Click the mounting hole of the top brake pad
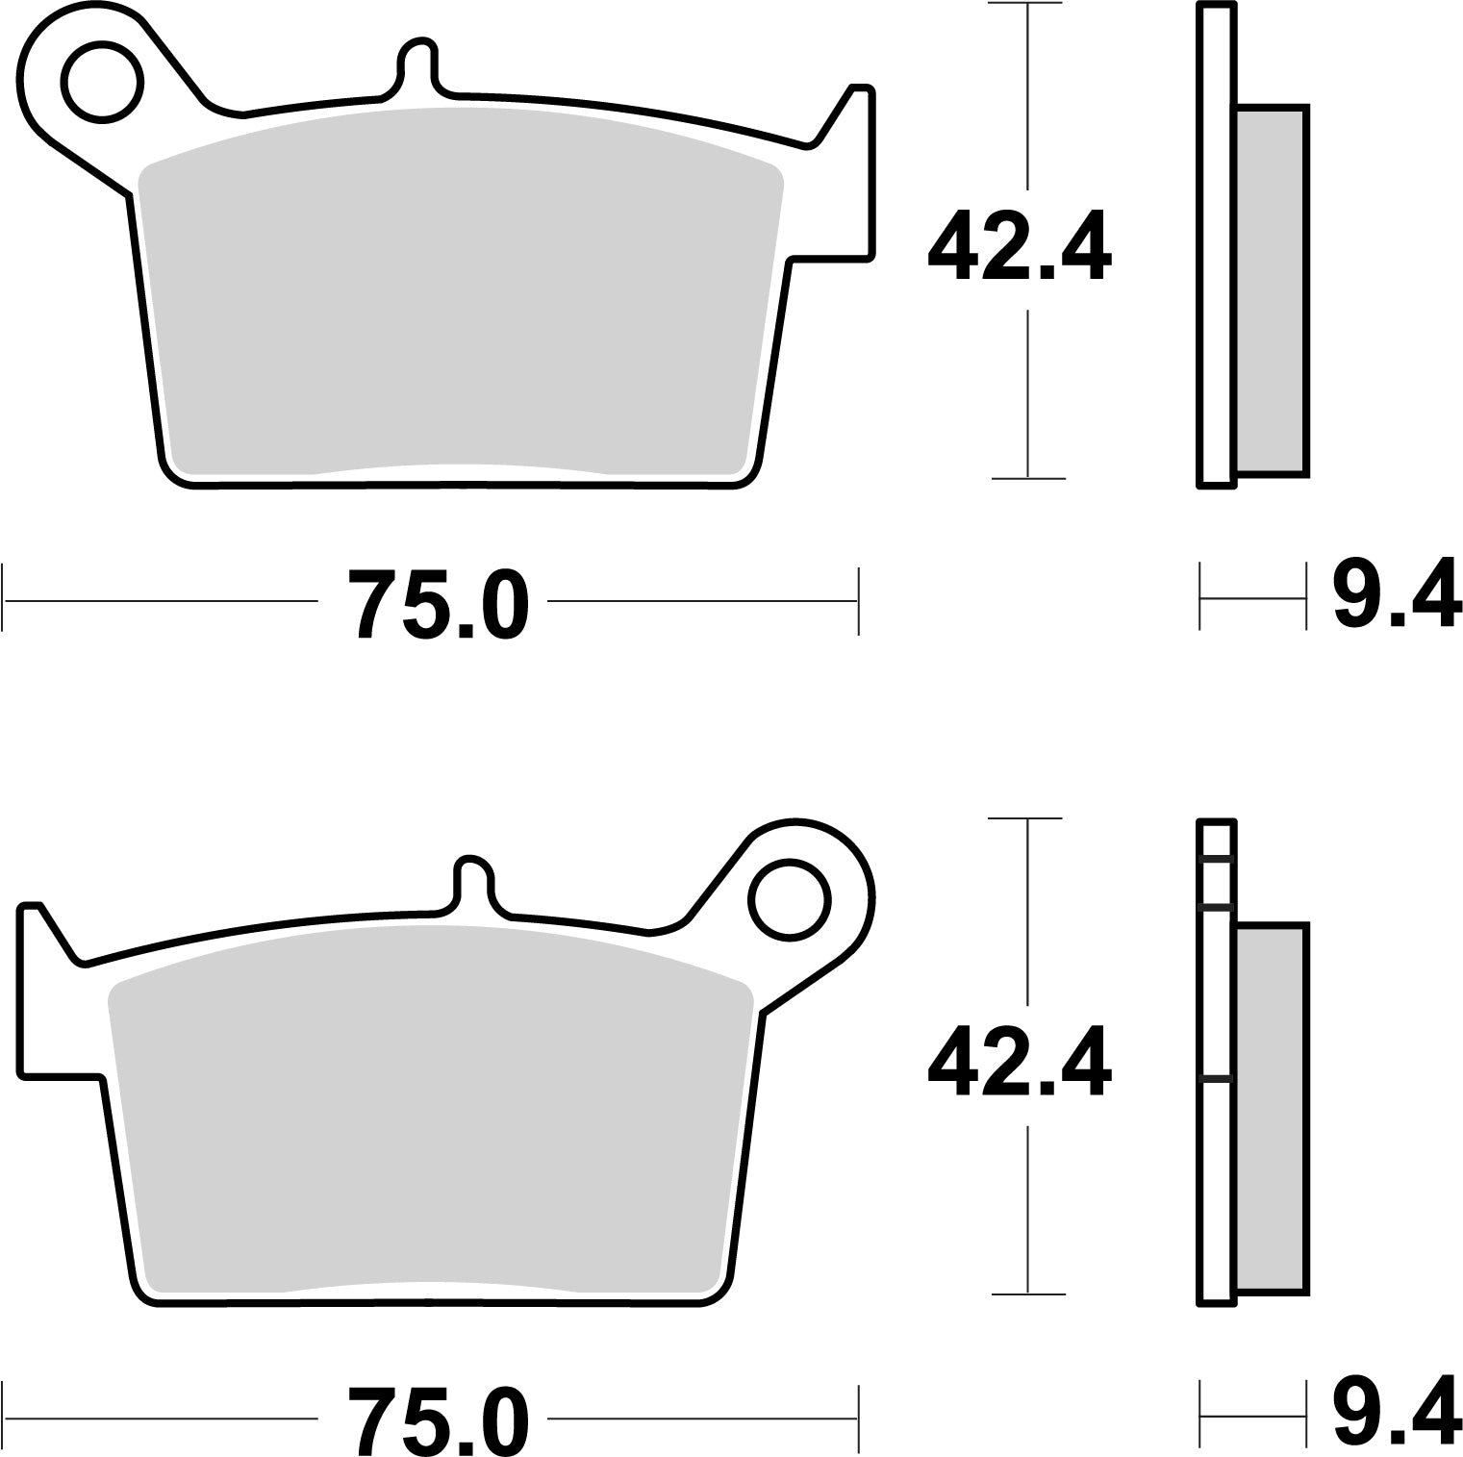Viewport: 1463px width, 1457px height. point(101,81)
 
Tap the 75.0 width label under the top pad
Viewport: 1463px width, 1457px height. point(438,603)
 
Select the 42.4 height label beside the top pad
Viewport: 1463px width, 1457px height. point(1019,249)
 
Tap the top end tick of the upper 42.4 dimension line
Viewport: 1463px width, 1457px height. point(1028,5)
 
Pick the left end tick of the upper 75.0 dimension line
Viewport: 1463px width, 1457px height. point(5,601)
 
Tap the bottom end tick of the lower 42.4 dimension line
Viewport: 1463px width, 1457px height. point(1028,1294)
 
